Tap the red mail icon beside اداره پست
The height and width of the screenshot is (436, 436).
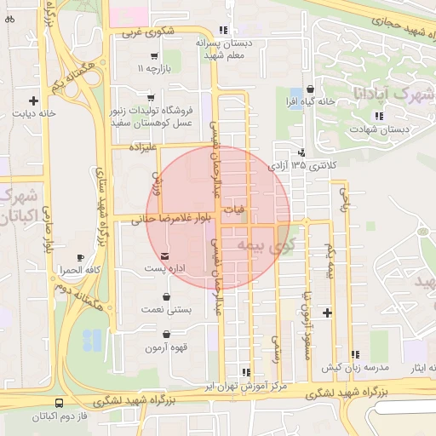tap(164, 255)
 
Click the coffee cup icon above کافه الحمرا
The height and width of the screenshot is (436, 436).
tap(81, 256)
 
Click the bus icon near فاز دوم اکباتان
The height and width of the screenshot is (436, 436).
tap(59, 403)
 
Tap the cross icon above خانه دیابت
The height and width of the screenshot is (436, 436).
tap(34, 99)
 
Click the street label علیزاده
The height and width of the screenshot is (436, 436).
tap(141, 147)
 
